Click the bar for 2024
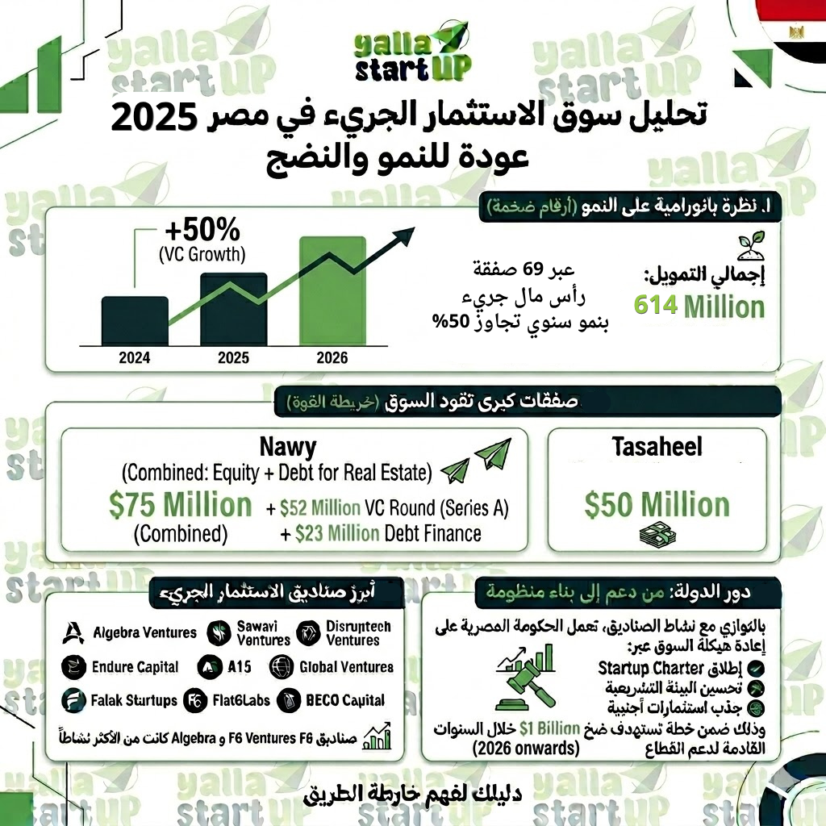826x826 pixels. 135,320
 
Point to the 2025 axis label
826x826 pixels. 233,357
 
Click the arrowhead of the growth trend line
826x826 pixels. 405,236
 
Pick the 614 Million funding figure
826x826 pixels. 699,307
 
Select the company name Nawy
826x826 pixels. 288,447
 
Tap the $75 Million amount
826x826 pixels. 181,506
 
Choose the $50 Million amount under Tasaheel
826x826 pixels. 657,506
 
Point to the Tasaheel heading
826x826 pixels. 657,447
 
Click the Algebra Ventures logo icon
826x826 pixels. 73,632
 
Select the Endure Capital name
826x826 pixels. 136,667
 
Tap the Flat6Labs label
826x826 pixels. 240,700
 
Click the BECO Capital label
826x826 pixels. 344,700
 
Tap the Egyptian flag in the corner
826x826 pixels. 791,32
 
